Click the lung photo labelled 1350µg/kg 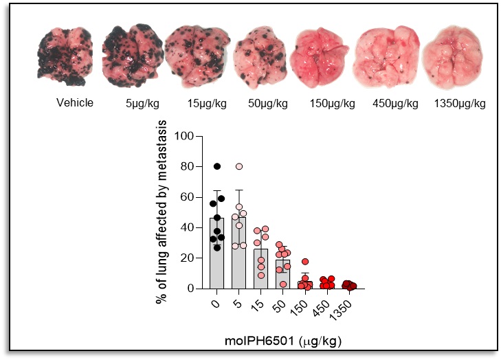coord(449,54)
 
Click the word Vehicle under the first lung coord(75,104)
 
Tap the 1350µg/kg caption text coord(460,104)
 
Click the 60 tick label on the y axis coord(187,197)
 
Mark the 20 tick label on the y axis coord(187,258)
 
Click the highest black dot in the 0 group coord(217,166)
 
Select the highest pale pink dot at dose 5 coord(239,166)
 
